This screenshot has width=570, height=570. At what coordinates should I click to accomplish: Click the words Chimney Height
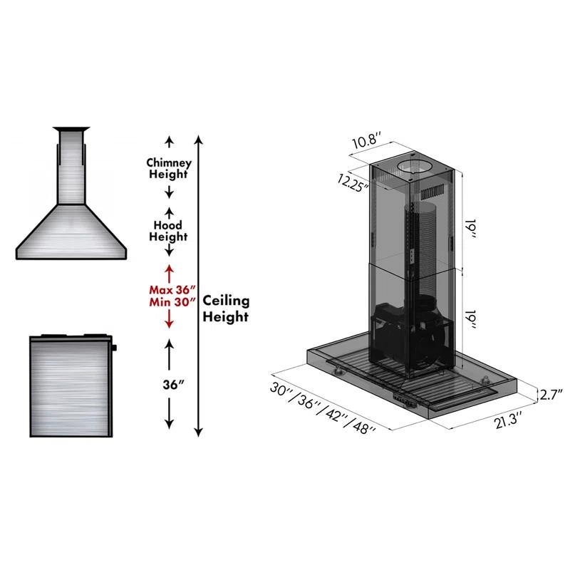169,168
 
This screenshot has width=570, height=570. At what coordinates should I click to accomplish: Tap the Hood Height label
168,230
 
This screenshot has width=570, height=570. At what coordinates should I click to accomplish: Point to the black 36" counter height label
169,385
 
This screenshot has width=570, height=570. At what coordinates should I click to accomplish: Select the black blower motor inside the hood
413,335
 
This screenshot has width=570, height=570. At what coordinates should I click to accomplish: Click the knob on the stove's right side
114,348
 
